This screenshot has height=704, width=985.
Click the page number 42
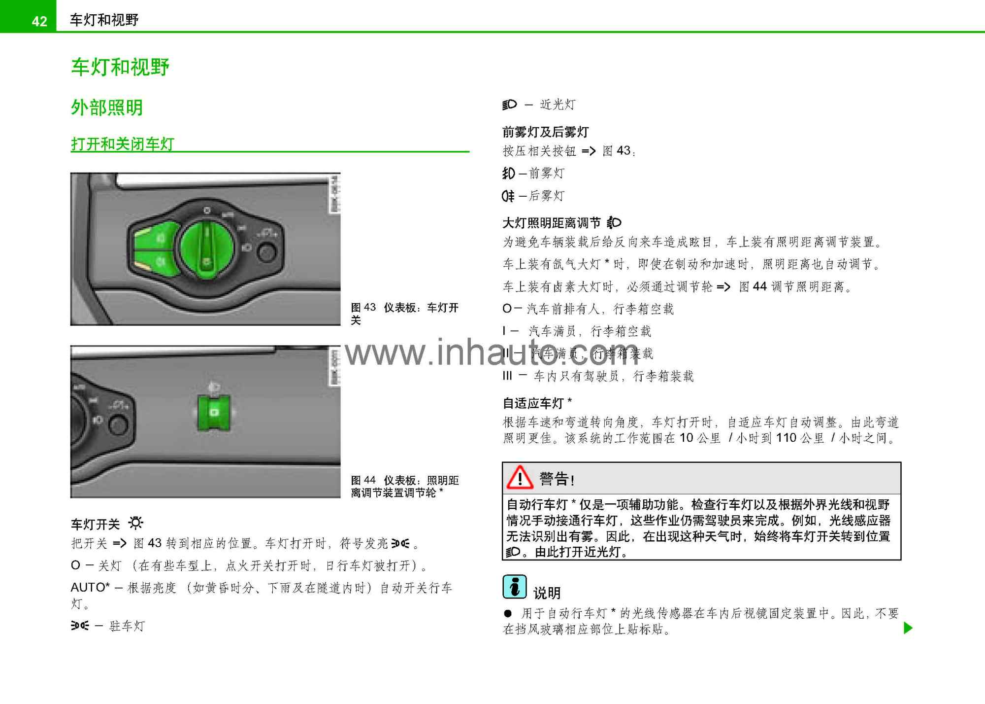tap(39, 21)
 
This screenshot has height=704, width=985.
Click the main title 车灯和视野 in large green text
tap(120, 67)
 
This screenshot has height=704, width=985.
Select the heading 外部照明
tap(107, 107)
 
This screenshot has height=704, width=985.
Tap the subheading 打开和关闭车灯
tap(123, 144)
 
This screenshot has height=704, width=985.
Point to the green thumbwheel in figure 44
tap(214, 412)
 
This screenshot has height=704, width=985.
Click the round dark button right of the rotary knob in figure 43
tap(267, 252)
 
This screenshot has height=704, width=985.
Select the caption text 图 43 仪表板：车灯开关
tap(404, 314)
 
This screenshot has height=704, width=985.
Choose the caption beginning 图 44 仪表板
tap(404, 486)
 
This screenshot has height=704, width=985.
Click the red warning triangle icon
tap(520, 478)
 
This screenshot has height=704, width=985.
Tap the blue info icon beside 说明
tap(515, 587)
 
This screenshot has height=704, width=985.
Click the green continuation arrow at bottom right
tap(908, 628)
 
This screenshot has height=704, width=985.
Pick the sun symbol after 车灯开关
tap(136, 523)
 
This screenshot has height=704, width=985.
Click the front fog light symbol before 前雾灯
tap(509, 173)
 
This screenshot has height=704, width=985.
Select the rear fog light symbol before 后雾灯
tap(508, 196)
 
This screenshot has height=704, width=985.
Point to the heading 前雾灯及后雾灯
tap(545, 132)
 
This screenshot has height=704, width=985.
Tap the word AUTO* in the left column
tap(90, 587)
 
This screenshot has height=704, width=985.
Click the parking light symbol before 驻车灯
tap(80, 626)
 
